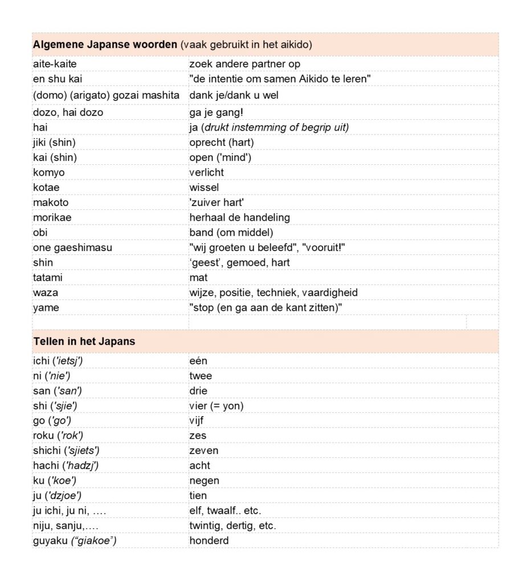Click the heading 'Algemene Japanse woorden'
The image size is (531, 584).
point(105,44)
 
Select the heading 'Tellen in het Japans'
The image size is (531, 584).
point(84,342)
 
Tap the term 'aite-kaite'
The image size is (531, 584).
point(55,64)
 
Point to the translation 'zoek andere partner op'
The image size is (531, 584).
point(244,64)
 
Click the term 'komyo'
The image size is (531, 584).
point(48,172)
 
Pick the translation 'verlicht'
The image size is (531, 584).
point(206,172)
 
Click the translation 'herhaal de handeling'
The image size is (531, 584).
point(239,217)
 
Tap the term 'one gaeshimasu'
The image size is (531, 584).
point(72,248)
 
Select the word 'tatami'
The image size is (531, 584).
point(48,278)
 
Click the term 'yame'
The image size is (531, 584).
point(46,308)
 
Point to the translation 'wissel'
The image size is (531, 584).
point(204,187)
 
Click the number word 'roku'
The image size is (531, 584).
point(44,436)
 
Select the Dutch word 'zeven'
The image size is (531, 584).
point(203,451)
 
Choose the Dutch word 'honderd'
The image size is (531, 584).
point(209,540)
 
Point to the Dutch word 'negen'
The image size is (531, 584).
point(204,481)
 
